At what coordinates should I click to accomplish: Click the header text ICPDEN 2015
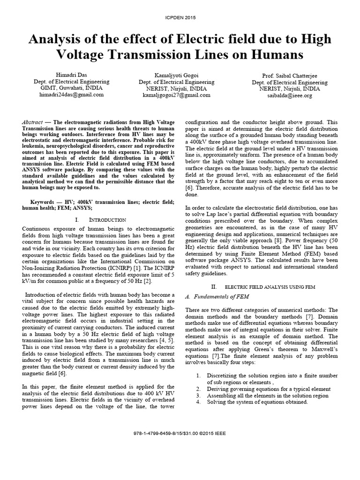[180, 17]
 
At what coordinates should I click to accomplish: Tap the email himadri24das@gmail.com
[71, 94]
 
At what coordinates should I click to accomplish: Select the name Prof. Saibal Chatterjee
[288, 75]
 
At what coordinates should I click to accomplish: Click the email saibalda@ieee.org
[288, 95]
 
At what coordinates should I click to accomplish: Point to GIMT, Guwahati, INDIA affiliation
[71, 88]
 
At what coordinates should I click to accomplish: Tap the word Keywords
[36, 201]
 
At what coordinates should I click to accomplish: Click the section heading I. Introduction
[100, 219]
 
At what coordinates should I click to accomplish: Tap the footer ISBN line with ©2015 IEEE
[180, 433]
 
